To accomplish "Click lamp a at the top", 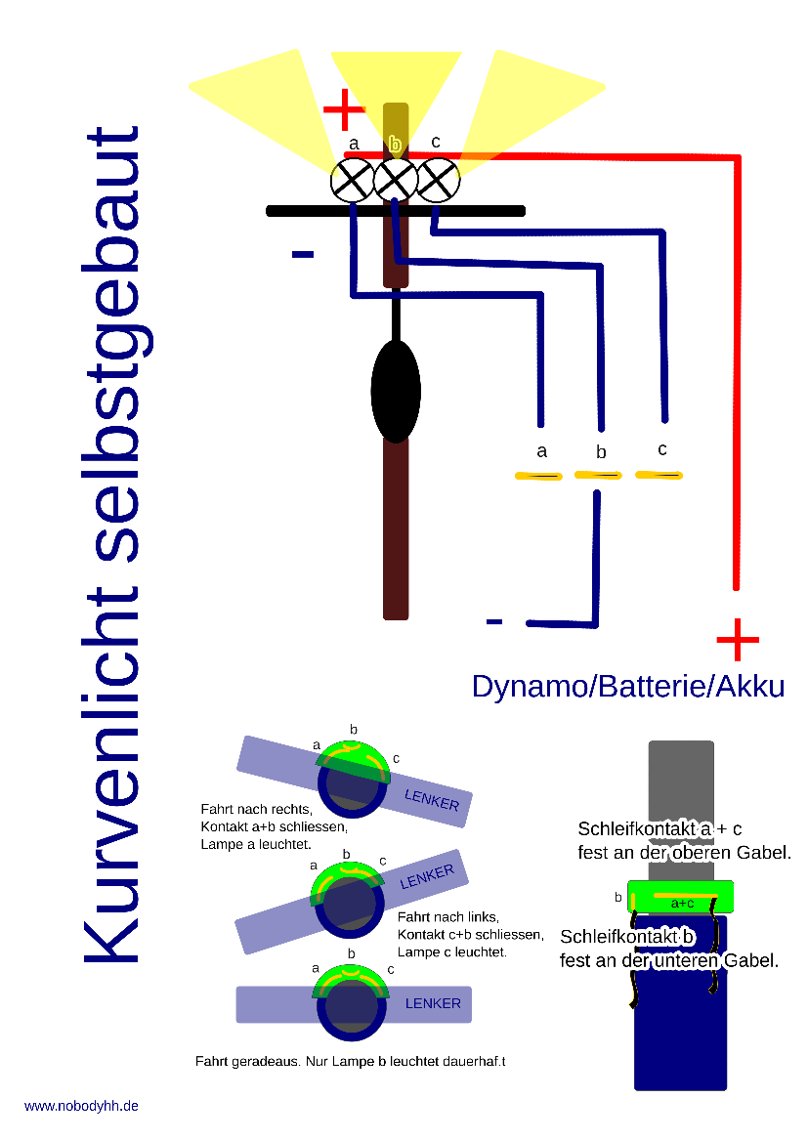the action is coord(353,181).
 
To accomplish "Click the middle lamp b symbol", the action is coord(396,179).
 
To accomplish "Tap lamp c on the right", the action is coord(439,181).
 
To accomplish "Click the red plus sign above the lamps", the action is coord(344,109).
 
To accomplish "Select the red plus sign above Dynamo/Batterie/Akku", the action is coord(738,640).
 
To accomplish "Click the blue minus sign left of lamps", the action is coord(303,254).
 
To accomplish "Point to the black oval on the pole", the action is coord(396,391).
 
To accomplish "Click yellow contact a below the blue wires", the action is coord(538,477).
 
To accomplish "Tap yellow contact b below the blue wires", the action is coord(598,475).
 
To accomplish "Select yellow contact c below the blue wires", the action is coord(659,475).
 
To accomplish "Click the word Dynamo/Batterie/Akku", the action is coord(628,686).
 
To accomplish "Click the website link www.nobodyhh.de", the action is coord(81,1106).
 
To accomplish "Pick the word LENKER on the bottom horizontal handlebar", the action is coord(433,1003).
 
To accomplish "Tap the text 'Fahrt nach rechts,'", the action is coord(256,809).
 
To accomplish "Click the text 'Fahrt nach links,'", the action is coord(448,917).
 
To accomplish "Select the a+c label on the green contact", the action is coord(682,903).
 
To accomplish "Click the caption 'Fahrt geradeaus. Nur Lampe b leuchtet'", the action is coord(318,1062).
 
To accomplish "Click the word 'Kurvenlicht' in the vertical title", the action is coord(110,773).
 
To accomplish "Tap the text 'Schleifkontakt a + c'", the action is coord(659,828).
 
